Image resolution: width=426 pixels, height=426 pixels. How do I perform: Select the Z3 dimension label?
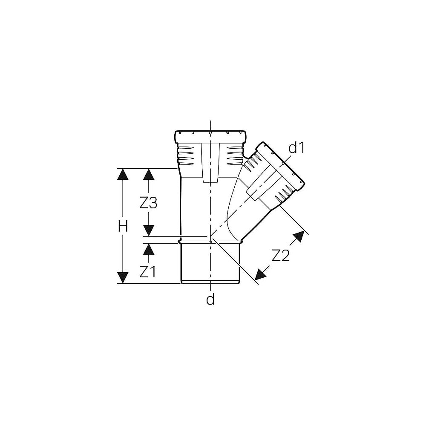coord(148,203)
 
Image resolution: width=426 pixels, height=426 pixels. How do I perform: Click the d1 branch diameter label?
coord(296,148)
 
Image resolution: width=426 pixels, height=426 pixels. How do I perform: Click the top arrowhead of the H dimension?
coord(123,174)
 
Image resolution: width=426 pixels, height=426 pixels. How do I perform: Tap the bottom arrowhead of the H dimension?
coord(123,278)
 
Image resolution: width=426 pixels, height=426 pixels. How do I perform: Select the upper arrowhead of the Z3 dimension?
coord(149,174)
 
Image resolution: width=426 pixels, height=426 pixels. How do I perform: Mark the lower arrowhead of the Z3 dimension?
coord(149,230)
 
